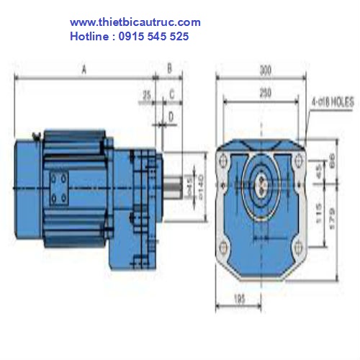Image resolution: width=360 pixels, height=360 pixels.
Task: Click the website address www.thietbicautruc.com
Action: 135,23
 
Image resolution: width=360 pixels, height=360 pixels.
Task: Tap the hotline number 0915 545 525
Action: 154,35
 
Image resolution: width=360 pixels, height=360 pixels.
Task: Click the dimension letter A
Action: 84,70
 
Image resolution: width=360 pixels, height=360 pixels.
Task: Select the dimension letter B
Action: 169,69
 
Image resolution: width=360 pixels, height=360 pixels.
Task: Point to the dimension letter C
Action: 172,94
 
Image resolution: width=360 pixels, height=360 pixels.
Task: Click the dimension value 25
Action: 147,94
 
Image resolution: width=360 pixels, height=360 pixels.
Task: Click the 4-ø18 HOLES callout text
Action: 333,103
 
